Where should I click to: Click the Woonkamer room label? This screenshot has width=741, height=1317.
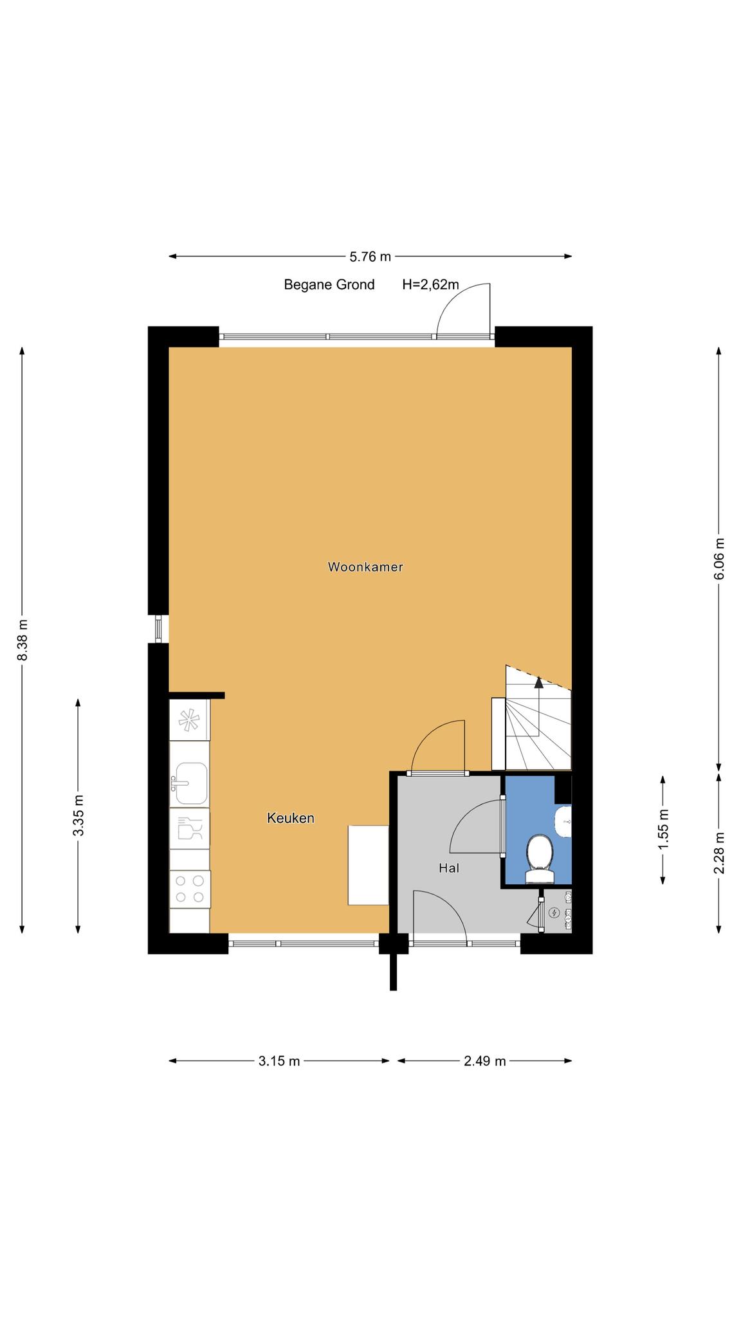coord(365,567)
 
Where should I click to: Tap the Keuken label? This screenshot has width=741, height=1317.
coord(291,818)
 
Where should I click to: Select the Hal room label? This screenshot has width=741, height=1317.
coord(449,868)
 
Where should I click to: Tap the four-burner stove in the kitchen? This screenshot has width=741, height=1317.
coord(190,889)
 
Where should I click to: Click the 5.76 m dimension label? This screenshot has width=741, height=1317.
coord(370,257)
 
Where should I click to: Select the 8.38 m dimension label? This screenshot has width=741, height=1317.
coord(23,640)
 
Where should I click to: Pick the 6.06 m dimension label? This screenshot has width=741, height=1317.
coord(719,558)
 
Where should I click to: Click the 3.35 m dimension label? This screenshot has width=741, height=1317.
coord(78,815)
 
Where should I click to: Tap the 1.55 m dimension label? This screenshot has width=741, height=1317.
coord(663,829)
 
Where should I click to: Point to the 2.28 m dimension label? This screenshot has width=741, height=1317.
coord(719,853)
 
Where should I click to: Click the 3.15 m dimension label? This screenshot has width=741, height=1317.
coord(279,1061)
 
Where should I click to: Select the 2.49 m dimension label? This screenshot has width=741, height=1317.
coord(485,1061)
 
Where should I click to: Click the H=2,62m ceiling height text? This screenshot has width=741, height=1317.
coord(430,284)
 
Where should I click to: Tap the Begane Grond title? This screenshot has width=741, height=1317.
coord(329,284)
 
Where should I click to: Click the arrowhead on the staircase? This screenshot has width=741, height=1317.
coord(539,682)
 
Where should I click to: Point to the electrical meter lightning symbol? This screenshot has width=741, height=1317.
coord(554,912)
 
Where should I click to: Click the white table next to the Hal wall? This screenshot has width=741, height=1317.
coord(369,865)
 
